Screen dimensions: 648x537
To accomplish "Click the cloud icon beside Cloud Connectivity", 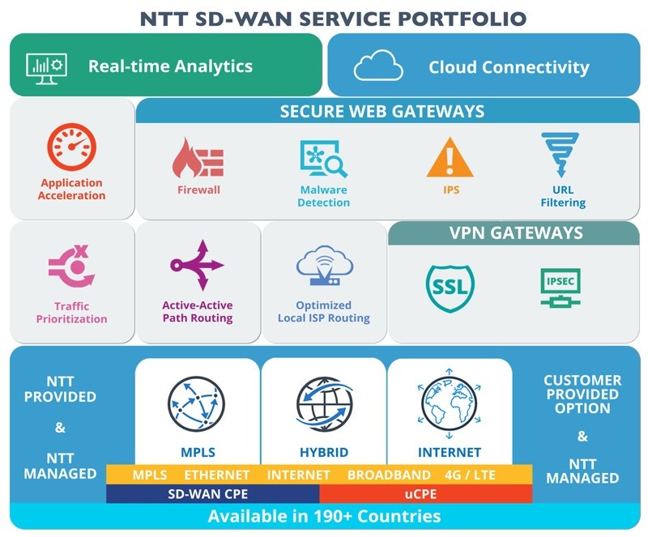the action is [378, 66].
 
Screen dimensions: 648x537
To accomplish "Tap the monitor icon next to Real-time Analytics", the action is [46, 69].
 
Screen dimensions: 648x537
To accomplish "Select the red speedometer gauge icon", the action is [71, 147].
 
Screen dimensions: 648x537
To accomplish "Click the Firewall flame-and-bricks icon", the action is [198, 158].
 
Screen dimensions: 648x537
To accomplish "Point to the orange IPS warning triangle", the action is [450, 158].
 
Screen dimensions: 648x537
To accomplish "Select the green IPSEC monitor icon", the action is [561, 288].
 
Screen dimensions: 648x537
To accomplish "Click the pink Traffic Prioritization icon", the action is [71, 266].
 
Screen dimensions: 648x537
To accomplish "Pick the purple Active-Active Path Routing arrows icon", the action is [197, 265].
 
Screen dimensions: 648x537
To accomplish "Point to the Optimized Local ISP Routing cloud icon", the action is [325, 266].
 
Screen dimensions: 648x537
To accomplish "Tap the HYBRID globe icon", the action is [325, 404].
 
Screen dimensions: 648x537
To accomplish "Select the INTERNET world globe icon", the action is [450, 404].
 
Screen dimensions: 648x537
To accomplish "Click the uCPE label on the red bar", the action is [420, 494].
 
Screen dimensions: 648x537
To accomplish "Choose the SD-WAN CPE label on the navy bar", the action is [208, 494].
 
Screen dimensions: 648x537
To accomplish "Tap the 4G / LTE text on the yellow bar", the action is [470, 475].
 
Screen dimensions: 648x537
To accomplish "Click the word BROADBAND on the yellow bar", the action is [389, 475].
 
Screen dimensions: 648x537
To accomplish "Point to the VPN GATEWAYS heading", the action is [516, 233].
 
